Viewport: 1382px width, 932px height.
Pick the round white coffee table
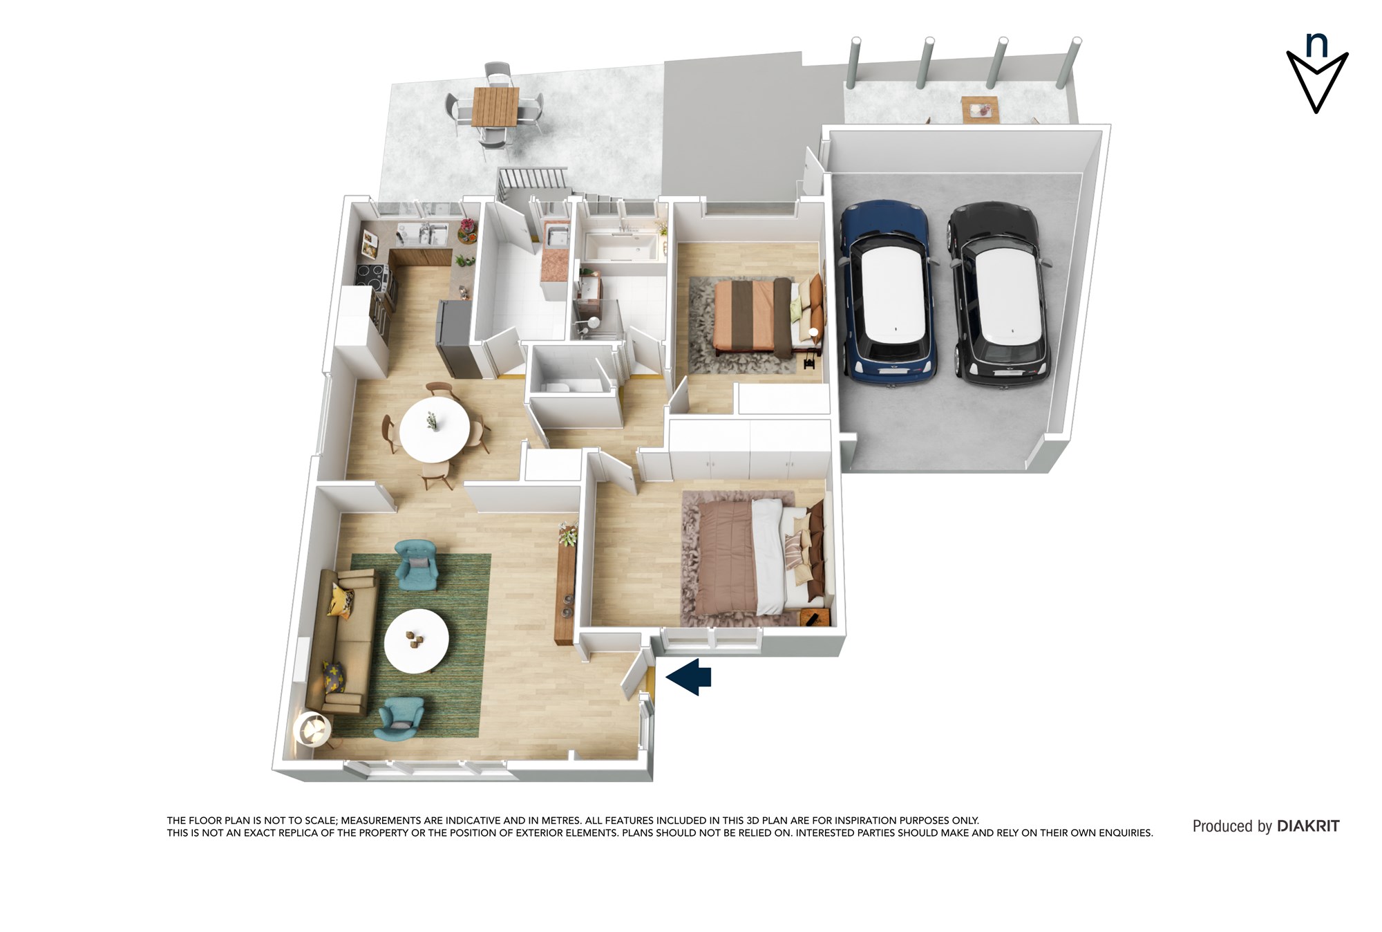click(x=417, y=641)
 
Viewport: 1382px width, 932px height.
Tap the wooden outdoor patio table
click(x=495, y=107)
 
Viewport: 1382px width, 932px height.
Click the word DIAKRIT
click(x=1308, y=826)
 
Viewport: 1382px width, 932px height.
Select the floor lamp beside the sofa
click(x=313, y=730)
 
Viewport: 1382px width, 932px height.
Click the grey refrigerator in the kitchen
click(x=457, y=339)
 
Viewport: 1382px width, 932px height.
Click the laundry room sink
click(x=556, y=236)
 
